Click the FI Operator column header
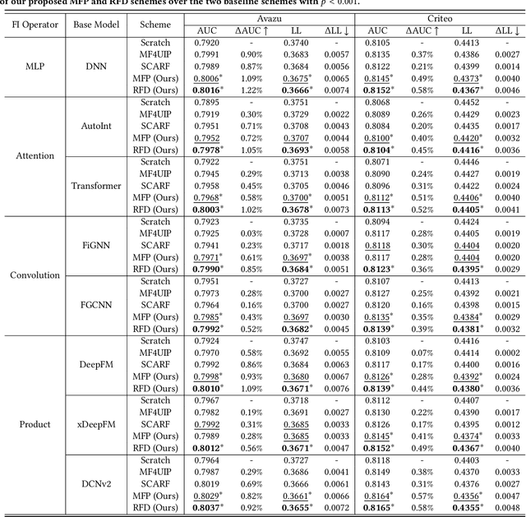(35, 24)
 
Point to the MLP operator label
(35, 67)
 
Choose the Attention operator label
(35, 155)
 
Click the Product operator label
(35, 424)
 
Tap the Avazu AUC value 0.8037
(205, 507)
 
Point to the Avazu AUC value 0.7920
(205, 43)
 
